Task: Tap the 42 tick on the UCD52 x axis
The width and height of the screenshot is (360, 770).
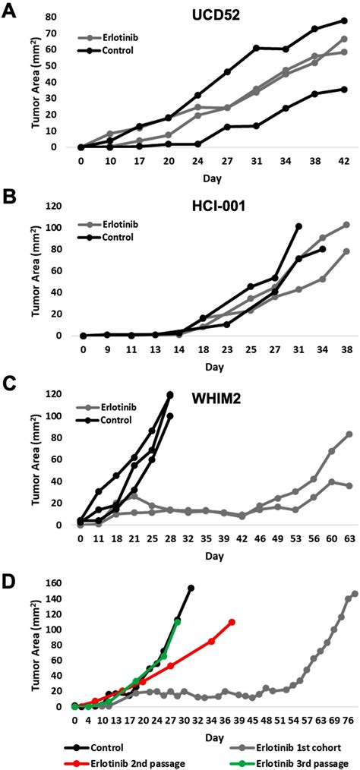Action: (x=344, y=161)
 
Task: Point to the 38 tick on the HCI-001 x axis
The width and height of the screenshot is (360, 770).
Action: (x=346, y=349)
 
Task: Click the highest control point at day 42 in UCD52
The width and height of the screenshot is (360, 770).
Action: (x=344, y=21)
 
